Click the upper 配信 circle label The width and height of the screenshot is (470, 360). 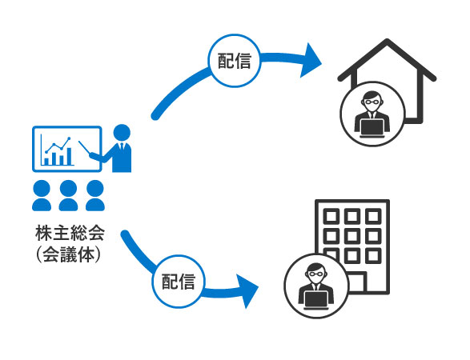point(235,61)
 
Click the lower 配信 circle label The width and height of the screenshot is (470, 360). point(179,282)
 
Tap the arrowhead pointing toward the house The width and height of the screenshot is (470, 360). point(311,60)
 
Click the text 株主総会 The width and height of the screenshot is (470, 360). point(70,233)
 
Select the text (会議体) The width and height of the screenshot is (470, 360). point(68,255)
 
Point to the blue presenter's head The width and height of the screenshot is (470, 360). point(122,133)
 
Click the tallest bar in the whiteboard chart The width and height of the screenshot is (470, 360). point(69,156)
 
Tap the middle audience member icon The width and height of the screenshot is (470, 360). point(68,195)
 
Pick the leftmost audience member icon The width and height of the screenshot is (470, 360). point(42,195)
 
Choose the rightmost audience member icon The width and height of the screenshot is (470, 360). point(95,195)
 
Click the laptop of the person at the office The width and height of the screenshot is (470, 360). point(316,300)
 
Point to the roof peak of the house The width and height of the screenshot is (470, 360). point(387,41)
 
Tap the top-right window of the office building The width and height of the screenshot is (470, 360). point(373,216)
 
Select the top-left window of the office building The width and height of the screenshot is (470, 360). point(331,216)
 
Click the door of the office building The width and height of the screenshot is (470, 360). point(357,282)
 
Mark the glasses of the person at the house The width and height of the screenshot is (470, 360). point(372,102)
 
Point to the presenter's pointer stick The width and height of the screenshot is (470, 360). point(84,147)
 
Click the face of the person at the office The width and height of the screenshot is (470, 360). point(316,274)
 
